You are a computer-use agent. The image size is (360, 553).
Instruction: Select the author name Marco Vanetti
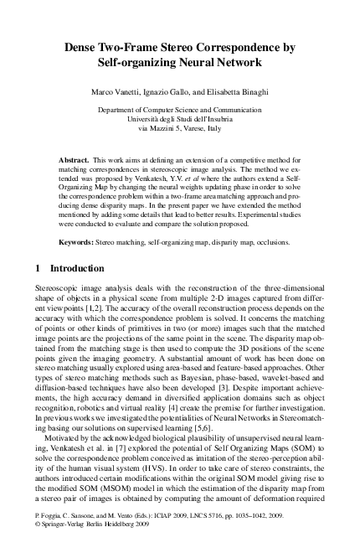pyautogui.click(x=117, y=90)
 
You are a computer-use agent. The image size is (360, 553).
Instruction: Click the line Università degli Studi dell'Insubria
pyautogui.click(x=179, y=119)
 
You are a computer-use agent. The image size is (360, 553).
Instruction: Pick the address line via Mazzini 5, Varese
pyautogui.click(x=179, y=129)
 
